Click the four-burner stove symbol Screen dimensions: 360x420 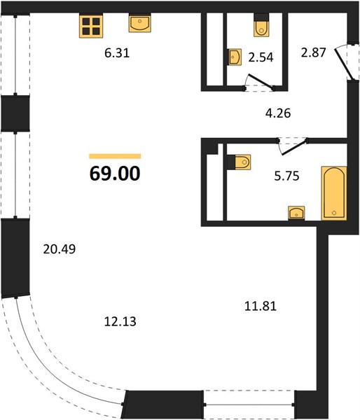91,27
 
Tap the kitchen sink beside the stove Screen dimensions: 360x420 139,24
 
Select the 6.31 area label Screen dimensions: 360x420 117,53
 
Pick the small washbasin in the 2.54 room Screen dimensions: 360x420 235,57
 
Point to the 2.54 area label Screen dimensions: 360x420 261,57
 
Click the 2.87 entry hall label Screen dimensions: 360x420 313,52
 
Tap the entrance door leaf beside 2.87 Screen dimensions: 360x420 343,63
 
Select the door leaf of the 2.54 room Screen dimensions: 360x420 261,81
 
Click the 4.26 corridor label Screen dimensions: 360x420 278,113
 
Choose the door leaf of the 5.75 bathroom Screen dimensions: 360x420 294,147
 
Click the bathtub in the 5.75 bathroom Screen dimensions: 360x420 334,193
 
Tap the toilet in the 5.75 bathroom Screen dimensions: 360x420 239,162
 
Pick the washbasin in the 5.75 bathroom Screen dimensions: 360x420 296,213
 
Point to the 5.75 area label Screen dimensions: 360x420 286,176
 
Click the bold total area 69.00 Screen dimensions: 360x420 115,174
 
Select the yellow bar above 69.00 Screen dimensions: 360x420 115,156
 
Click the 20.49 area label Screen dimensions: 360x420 60,249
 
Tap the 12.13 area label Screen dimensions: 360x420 120,321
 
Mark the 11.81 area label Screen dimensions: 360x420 261,306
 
